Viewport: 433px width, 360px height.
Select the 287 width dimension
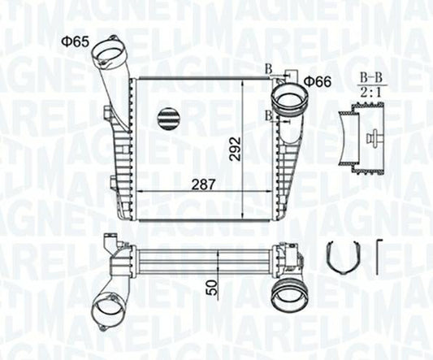pos(204,184)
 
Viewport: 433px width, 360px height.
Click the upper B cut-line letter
pos(267,69)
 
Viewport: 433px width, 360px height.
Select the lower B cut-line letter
pos(267,116)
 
